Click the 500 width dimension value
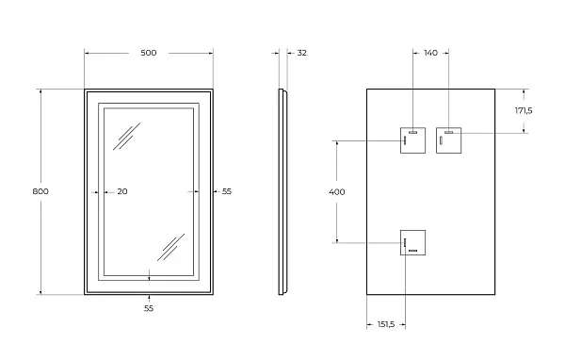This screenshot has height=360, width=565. [x=149, y=53]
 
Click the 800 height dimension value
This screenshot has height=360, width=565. [x=40, y=191]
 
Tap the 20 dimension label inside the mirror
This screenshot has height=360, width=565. [x=122, y=191]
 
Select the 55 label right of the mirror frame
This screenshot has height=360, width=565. [x=227, y=191]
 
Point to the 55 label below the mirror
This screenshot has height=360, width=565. [x=149, y=308]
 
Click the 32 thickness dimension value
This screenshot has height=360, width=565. [x=302, y=53]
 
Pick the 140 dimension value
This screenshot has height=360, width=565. [x=430, y=53]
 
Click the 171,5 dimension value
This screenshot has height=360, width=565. [x=524, y=111]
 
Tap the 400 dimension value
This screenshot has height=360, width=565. [x=337, y=192]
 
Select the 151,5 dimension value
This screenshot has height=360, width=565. [x=386, y=324]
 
